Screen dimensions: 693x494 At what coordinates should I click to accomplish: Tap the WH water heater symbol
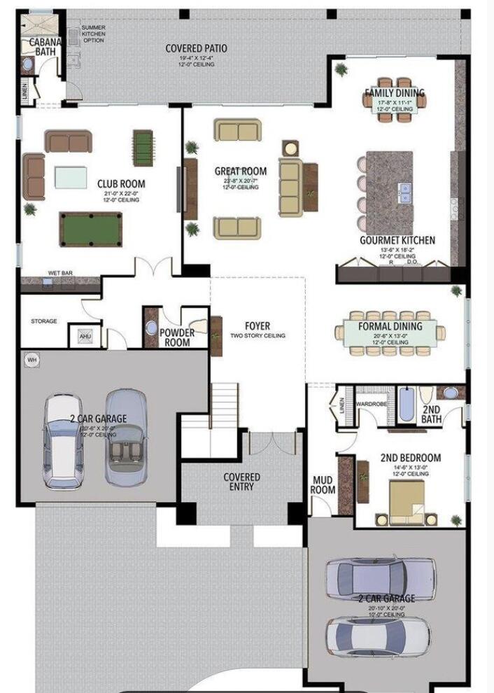(x=31, y=360)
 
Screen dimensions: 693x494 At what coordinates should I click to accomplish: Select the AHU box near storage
(x=85, y=337)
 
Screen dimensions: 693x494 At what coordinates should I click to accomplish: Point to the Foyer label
(x=257, y=327)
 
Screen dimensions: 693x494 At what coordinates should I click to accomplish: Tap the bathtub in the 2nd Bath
(x=407, y=405)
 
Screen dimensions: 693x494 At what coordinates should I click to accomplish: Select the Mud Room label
(x=323, y=485)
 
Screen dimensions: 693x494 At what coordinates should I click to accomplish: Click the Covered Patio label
(x=196, y=48)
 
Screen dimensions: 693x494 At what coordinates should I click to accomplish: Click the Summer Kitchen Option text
(x=93, y=34)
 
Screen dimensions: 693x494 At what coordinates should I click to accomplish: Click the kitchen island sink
(x=404, y=192)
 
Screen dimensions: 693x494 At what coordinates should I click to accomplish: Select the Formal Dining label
(x=390, y=326)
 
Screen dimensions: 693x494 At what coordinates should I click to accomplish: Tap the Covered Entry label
(x=241, y=482)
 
